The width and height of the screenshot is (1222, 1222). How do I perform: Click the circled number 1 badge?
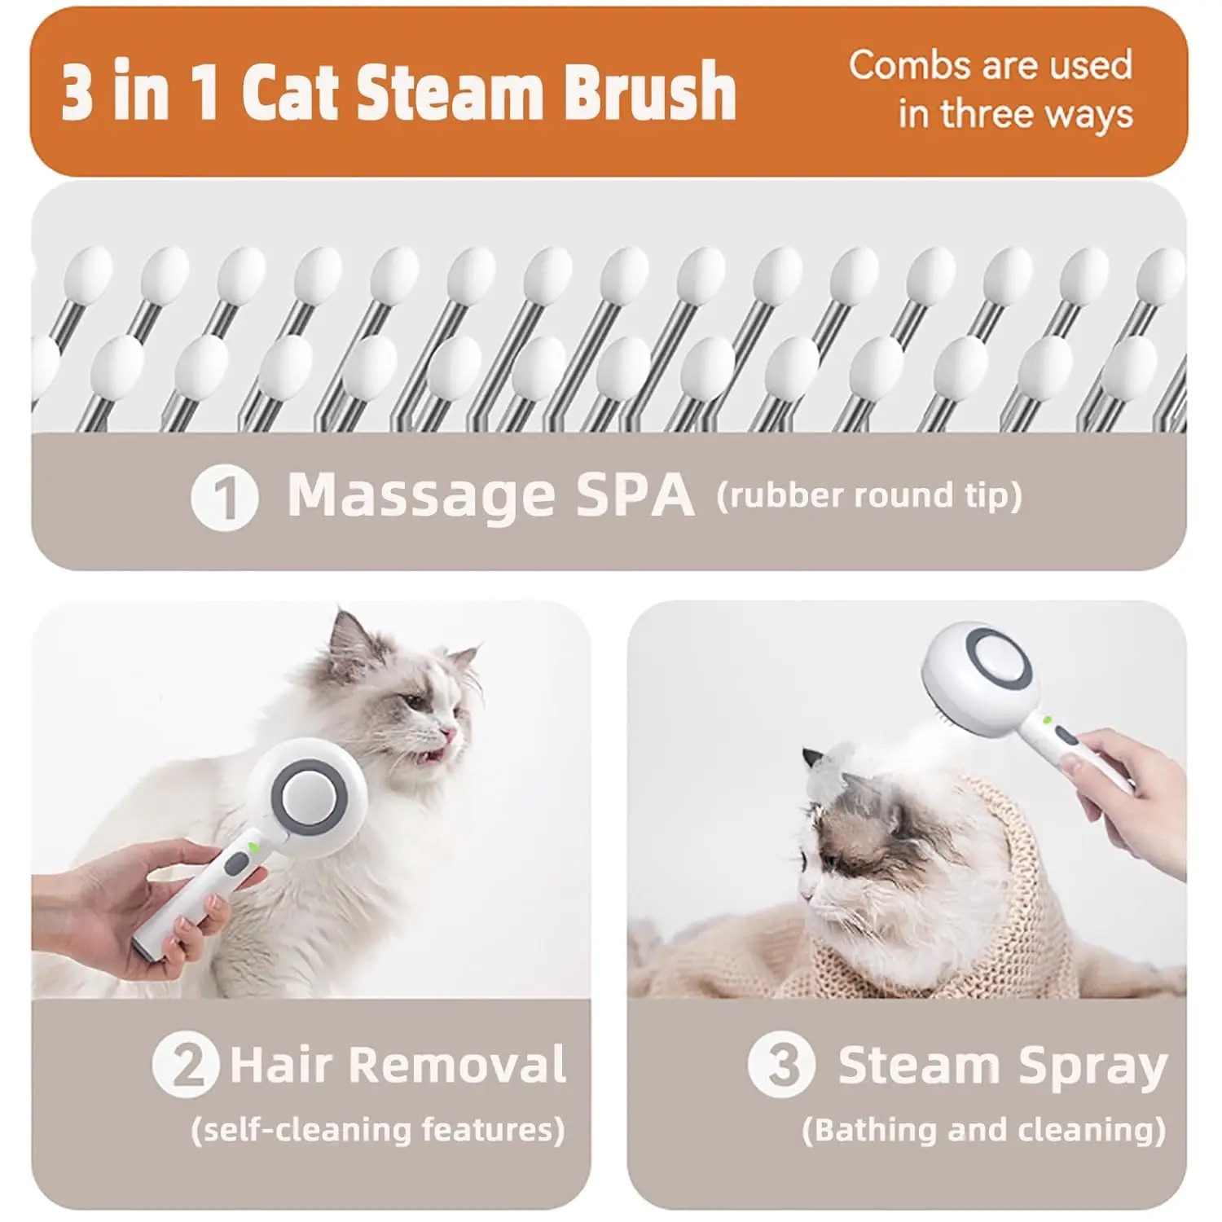pos(225,497)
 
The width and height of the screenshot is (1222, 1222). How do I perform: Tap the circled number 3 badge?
pos(781,1064)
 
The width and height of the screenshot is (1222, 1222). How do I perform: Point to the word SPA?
pos(635,494)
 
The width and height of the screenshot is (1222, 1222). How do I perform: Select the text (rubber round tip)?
pos(869,495)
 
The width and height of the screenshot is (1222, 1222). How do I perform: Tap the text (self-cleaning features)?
pos(378,1130)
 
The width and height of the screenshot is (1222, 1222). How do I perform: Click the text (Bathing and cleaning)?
pos(984,1130)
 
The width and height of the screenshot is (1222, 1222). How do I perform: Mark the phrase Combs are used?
pos(991,64)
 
